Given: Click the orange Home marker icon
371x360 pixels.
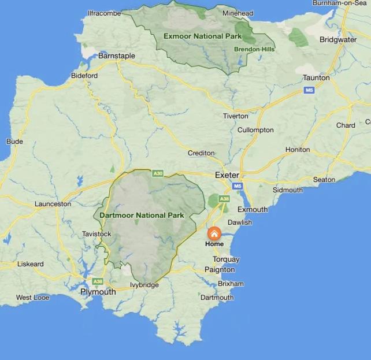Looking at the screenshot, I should pos(214,233).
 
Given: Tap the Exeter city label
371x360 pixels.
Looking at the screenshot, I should pos(227,175).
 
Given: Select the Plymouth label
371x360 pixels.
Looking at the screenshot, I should pos(98,292).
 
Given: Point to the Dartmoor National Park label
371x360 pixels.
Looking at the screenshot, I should pos(142,216).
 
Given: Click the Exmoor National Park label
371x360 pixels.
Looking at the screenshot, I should pos(202,36).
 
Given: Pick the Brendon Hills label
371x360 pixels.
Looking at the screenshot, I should pos(254,49).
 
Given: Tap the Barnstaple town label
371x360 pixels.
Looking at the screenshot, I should pos(117,56).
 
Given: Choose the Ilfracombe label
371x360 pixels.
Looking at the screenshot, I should pos(104,13).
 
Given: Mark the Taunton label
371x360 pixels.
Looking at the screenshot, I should pos(316,77).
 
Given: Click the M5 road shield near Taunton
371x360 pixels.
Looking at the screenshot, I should pos(309,90).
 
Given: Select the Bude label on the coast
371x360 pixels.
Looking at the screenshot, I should pos(14,141).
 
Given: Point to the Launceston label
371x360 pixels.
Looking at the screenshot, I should pos(53,204).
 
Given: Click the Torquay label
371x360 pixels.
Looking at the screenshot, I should pos(226,259).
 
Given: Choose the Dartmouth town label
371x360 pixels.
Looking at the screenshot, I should pos(217,298).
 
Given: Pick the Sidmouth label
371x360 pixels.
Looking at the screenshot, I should pos(287,190).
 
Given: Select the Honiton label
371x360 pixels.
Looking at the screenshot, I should pos(298,150).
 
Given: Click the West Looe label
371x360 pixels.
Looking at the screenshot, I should pos(32,298).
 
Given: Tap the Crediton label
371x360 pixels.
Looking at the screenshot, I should pos(201,153).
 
